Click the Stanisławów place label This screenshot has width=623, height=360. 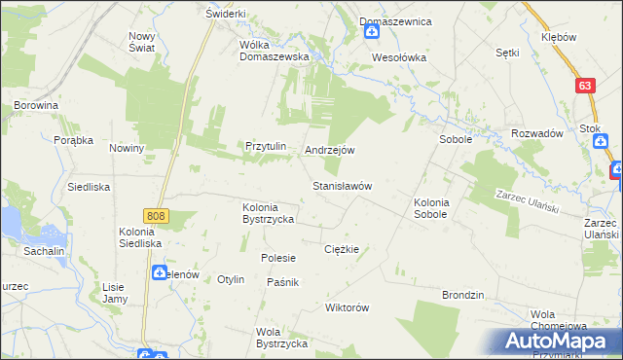pos(342,185)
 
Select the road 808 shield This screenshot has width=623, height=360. pos(155,215)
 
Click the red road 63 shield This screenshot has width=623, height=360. pos(584,86)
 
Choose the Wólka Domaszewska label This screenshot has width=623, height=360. pos(275,50)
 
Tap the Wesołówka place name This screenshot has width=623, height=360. pos(399,57)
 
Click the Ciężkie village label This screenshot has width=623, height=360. pos(342,249)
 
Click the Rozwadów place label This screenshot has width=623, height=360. pos(537,134)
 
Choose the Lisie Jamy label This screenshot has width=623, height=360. pos(115,293)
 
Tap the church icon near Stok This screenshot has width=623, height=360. pos(603,143)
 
